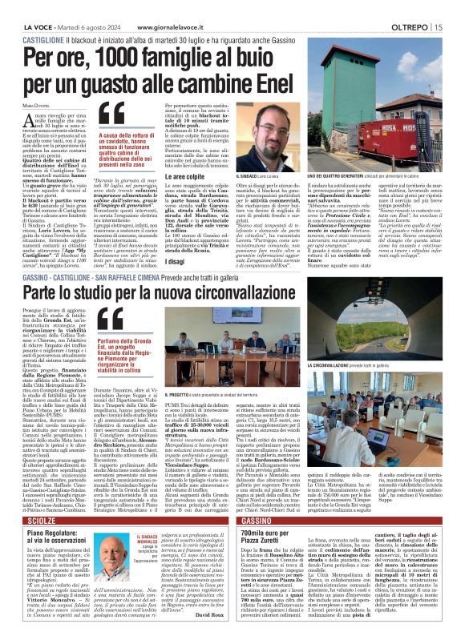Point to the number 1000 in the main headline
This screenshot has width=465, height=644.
point(138,58)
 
